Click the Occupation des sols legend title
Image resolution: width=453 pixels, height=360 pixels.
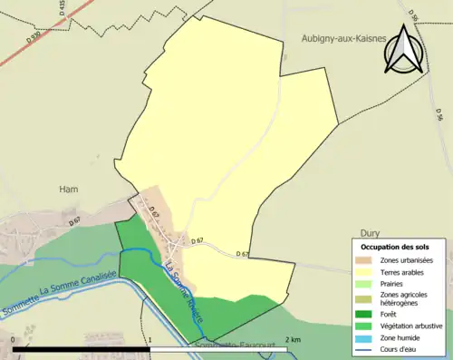(x=395, y=247)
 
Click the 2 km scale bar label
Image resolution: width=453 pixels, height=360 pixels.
(x=292, y=339)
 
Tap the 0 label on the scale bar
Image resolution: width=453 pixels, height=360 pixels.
(x=14, y=339)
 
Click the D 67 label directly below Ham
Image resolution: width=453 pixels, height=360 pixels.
(x=74, y=221)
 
